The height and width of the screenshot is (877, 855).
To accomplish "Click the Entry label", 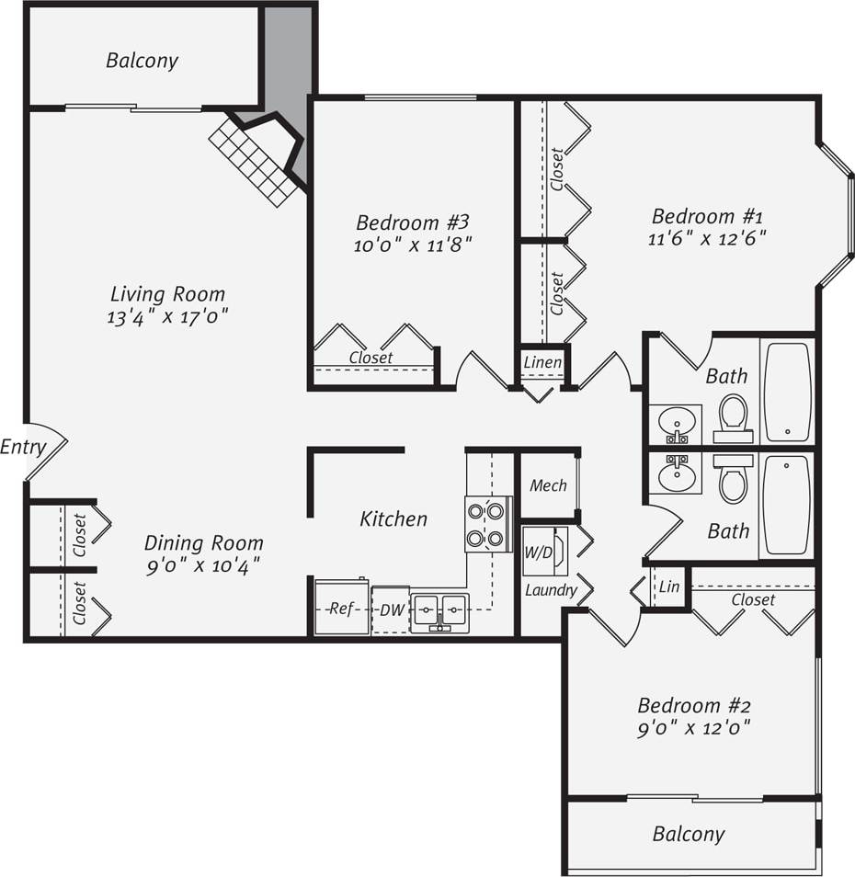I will [x=23, y=448].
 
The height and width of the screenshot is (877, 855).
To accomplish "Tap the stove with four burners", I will [x=488, y=524].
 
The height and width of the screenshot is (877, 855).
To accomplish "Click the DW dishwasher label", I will [x=391, y=609].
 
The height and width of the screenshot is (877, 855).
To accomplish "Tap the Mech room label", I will [x=548, y=485].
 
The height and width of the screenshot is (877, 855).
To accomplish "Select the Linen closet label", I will [x=542, y=362].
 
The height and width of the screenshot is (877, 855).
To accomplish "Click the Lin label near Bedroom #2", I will [x=669, y=587].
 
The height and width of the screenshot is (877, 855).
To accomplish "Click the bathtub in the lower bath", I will [x=787, y=505].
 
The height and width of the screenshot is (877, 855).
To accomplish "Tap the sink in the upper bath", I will [x=678, y=423].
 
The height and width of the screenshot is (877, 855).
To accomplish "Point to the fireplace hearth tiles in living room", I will [x=253, y=162].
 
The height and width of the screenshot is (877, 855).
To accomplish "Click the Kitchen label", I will [x=393, y=518].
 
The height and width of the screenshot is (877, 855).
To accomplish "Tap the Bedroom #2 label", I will [x=694, y=706].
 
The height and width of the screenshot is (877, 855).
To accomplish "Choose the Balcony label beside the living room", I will [x=142, y=61].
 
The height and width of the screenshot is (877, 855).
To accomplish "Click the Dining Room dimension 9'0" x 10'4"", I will [x=202, y=566].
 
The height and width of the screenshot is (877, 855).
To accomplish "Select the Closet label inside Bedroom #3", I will [x=370, y=357].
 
